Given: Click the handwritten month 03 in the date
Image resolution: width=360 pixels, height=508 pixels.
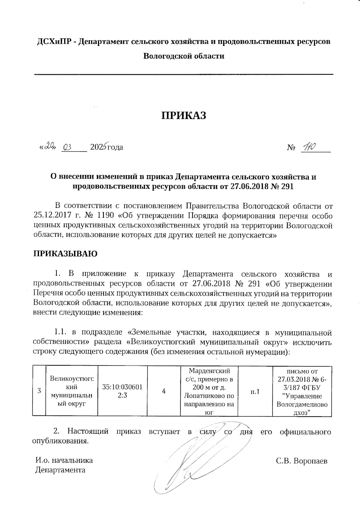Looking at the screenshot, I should pyautogui.click(x=67, y=147).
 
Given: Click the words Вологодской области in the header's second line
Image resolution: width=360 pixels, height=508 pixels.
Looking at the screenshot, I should pyautogui.click(x=184, y=56).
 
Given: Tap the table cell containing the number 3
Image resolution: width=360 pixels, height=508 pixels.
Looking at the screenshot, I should pyautogui.click(x=39, y=391).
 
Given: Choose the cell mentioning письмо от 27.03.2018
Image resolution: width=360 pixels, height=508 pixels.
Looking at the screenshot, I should pyautogui.click(x=302, y=391).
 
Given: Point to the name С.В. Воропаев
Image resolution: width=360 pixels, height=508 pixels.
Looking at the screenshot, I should pyautogui.click(x=302, y=461).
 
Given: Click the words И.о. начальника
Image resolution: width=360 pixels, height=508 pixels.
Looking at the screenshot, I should pyautogui.click(x=64, y=460).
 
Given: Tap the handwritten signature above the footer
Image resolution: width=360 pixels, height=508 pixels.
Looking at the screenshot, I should pyautogui.click(x=192, y=462).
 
